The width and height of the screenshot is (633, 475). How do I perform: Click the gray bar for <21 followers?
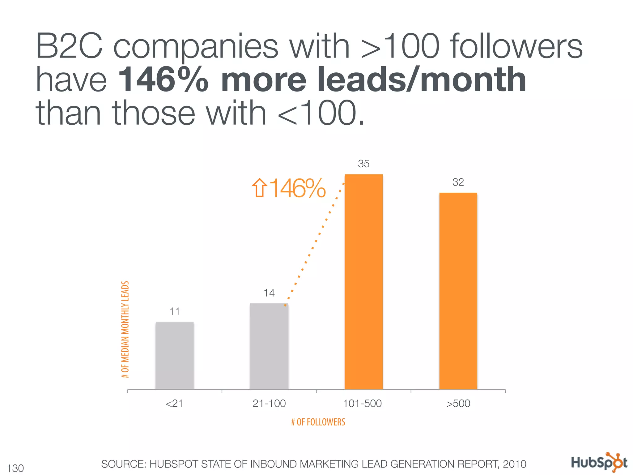click(175, 356)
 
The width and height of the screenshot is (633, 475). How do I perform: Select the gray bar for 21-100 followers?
click(269, 346)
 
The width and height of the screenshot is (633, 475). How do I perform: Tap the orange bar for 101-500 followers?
click(363, 281)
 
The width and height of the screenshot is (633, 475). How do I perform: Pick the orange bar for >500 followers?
click(458, 291)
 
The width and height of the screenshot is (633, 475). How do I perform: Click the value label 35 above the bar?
click(363, 164)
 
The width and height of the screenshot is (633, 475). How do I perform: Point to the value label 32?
click(458, 182)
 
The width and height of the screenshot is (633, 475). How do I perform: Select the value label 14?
click(269, 293)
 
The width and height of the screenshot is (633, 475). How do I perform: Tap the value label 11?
click(175, 311)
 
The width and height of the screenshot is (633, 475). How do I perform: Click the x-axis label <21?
click(174, 404)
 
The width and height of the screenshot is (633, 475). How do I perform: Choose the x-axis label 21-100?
click(269, 404)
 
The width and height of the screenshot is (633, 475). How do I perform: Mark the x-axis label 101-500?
click(363, 404)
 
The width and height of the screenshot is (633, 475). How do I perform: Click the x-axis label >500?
click(458, 404)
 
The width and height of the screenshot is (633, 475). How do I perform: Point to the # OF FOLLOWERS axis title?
click(318, 422)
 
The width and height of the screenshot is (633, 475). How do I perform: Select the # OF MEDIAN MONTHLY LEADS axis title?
click(125, 329)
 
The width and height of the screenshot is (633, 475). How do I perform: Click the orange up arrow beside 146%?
click(259, 188)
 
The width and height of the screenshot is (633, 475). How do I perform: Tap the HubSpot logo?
click(599, 463)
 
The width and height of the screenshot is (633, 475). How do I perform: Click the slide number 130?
click(15, 468)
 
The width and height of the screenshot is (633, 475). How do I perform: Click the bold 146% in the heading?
click(163, 80)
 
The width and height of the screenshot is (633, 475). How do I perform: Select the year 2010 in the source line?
click(514, 464)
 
